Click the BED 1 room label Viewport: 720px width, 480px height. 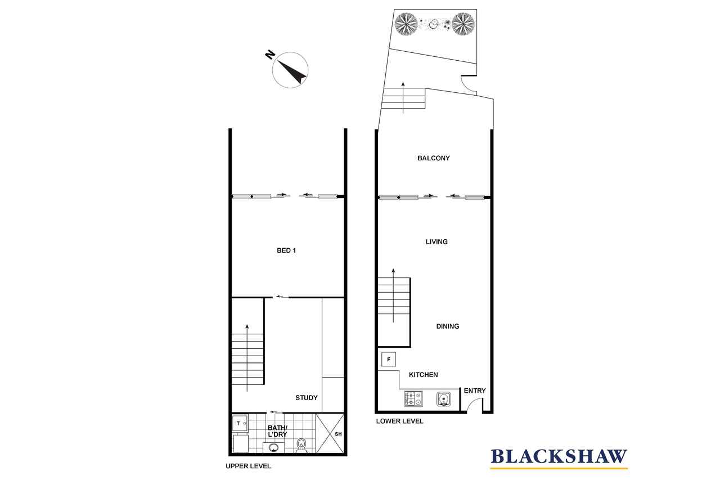[286, 250]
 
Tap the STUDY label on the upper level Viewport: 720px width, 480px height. [307, 398]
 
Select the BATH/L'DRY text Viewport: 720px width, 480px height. [277, 431]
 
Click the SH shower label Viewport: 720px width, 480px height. [338, 434]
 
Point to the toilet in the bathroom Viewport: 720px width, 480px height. [301, 445]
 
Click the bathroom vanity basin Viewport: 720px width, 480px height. [273, 447]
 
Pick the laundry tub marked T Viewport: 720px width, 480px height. [240, 423]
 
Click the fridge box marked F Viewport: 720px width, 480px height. [389, 360]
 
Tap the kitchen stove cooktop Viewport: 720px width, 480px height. [413, 398]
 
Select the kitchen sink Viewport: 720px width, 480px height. [444, 399]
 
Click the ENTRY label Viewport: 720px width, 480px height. [474, 391]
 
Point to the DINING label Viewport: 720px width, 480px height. [447, 326]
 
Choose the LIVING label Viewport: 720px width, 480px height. [436, 242]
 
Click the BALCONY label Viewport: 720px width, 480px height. [433, 158]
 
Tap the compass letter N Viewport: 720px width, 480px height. [270, 55]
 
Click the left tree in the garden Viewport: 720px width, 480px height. [406, 24]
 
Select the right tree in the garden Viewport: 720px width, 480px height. [463, 24]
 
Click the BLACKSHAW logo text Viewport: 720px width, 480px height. [559, 456]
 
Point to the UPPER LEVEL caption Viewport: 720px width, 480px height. [248, 466]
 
